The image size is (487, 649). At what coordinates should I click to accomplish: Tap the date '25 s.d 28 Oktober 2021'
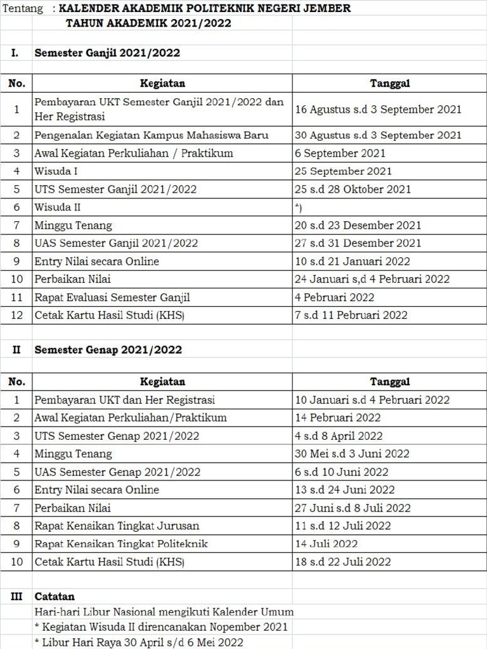pos(353,189)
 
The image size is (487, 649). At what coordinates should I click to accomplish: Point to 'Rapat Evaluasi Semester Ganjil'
pos(112,297)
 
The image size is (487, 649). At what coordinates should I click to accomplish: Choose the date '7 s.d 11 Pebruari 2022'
pos(351,315)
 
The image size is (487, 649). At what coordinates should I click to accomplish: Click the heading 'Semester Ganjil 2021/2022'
pos(107,53)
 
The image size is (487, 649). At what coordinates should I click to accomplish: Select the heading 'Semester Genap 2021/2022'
pos(108,350)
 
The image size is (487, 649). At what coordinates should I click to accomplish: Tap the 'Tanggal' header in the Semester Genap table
pos(389,382)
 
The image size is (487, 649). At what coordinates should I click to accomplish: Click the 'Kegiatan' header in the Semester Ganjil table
pos(162,83)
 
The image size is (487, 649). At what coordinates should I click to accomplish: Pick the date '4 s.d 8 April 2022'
pos(339,436)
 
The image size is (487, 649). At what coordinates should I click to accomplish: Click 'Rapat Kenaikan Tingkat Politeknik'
pos(121,544)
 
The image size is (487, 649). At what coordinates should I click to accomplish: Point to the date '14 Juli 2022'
pos(326,544)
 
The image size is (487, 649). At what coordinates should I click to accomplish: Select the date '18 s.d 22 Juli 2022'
pos(342,562)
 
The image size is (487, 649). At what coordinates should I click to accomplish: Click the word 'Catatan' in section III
pos(55,596)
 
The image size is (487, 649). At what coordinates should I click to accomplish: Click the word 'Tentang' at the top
pos(23,9)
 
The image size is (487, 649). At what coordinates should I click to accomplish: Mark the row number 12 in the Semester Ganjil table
pos(16,315)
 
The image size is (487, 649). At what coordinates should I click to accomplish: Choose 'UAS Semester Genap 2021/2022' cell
pos(117,472)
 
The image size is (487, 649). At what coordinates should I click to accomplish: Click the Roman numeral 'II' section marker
pos(16,350)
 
